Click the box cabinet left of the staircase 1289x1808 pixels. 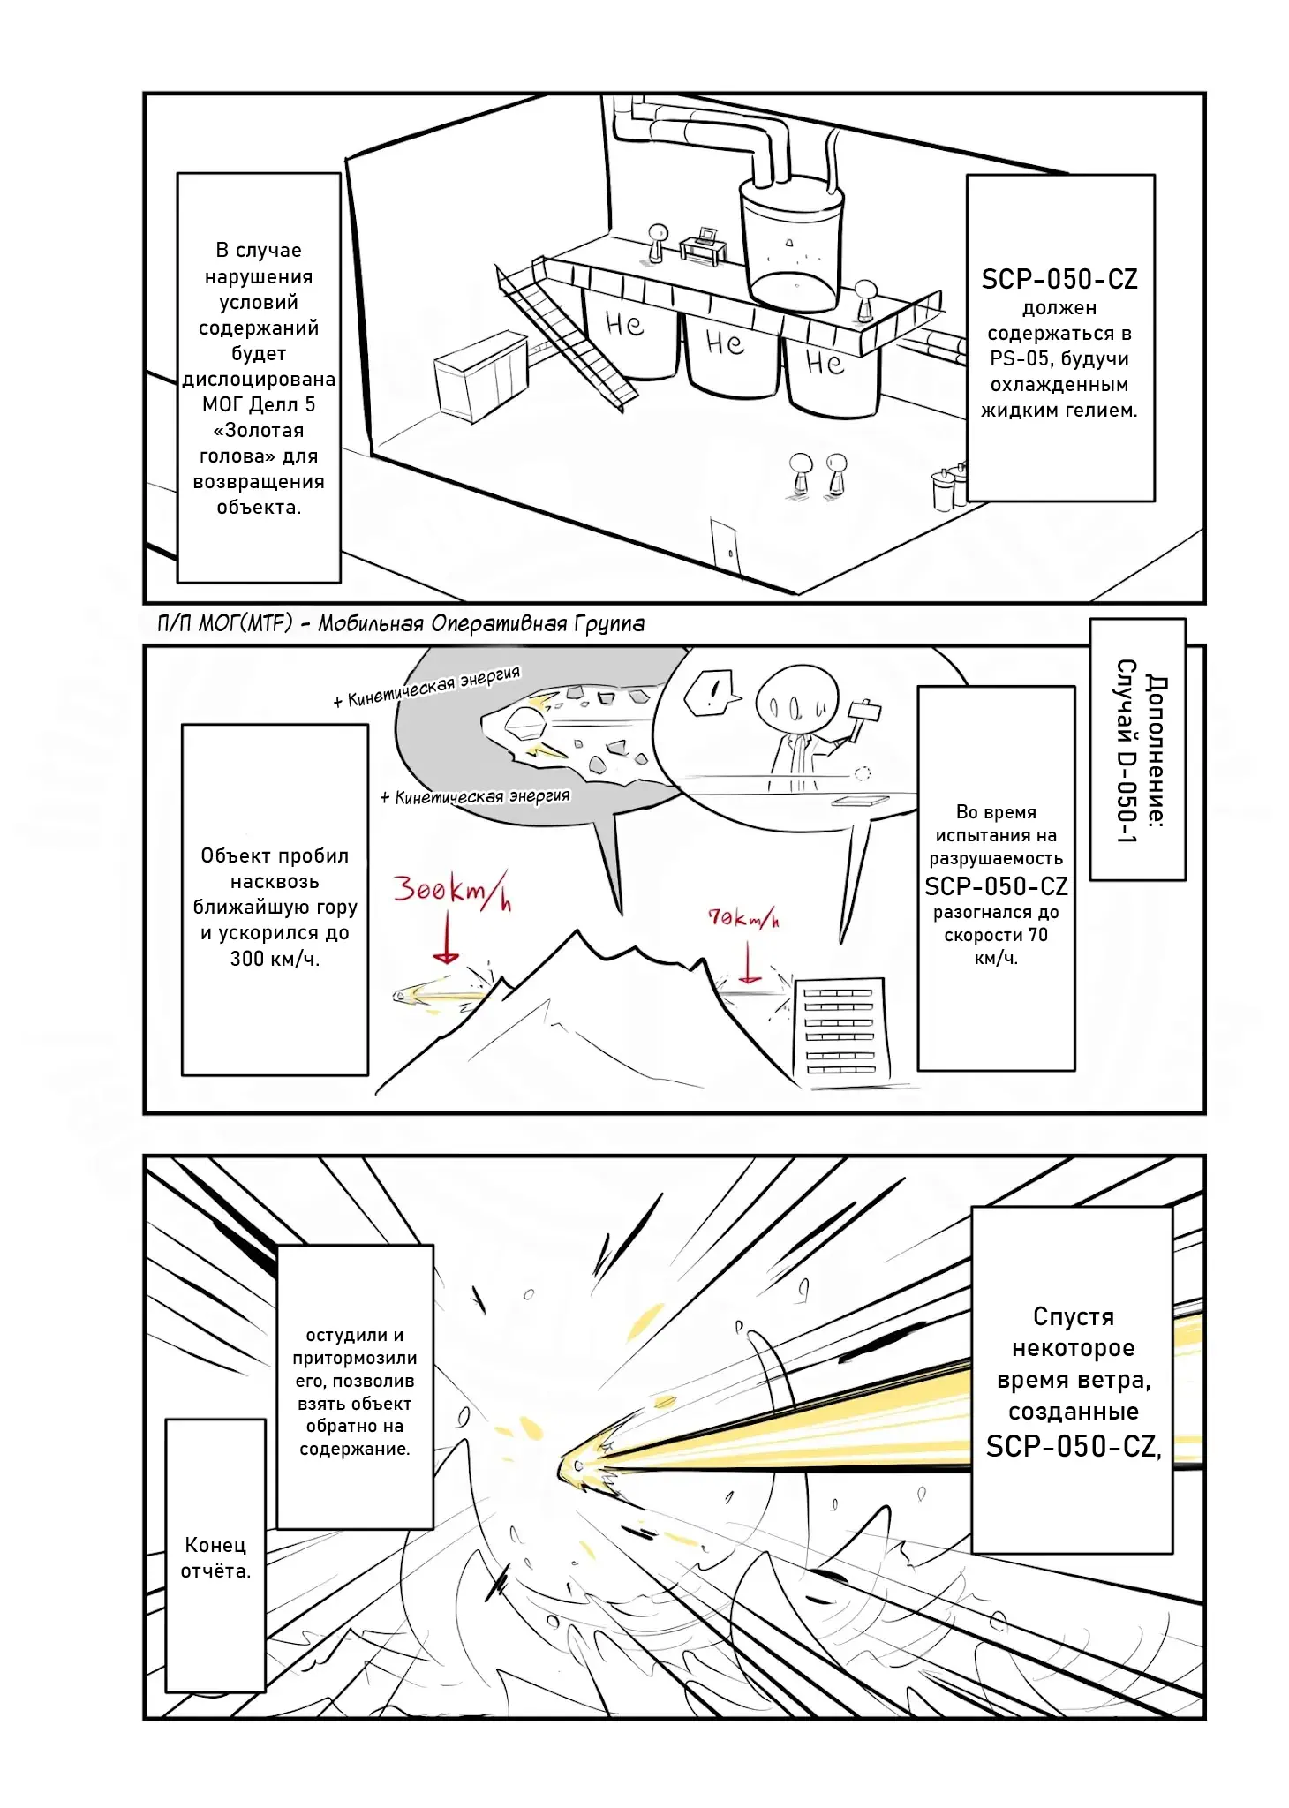coord(481,374)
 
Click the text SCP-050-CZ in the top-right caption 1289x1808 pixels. coord(1059,280)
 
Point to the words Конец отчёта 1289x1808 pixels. coord(215,1557)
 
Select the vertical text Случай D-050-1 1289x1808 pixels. coord(1125,750)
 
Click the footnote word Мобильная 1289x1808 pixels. coord(371,624)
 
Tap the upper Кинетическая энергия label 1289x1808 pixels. coord(433,687)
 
